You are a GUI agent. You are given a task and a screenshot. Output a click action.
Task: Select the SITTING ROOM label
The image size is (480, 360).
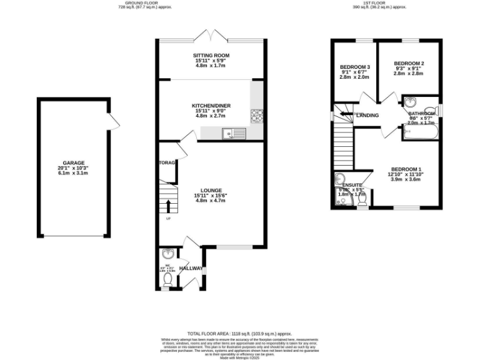[211, 56]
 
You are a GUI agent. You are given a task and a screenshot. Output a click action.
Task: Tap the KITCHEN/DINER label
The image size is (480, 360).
[211, 106]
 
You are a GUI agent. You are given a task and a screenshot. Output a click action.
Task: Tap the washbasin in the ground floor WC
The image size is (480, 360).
[167, 254]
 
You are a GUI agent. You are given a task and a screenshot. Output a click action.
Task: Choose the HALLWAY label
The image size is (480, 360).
[191, 268]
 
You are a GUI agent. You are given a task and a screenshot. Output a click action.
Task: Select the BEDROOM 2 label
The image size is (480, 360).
[409, 64]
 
